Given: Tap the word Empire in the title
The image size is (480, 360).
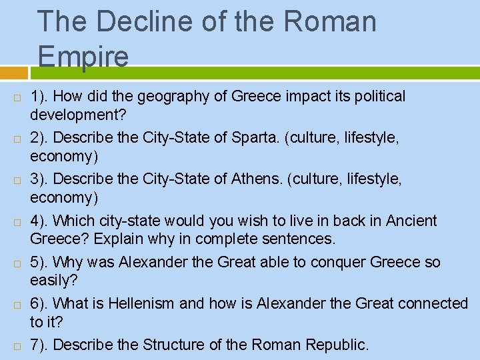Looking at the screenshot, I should tap(83, 56).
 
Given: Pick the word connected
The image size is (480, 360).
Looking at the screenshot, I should tap(433, 303).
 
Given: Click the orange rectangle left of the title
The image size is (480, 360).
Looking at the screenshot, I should tap(14, 73).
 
